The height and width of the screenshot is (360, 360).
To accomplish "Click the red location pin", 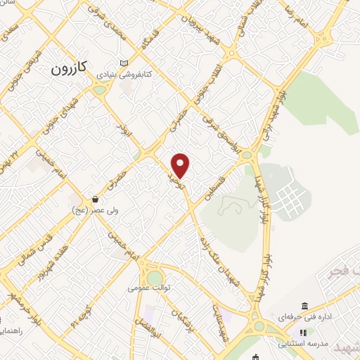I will pyautogui.click(x=181, y=166).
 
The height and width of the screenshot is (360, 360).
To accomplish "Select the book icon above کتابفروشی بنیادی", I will pyautogui.click(x=124, y=63).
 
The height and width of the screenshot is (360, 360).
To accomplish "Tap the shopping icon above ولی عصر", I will pyautogui.click(x=95, y=199).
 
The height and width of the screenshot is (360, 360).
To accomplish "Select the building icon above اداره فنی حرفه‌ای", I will pyautogui.click(x=304, y=306).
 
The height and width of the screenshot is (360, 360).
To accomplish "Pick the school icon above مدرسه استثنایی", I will pyautogui.click(x=303, y=333).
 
